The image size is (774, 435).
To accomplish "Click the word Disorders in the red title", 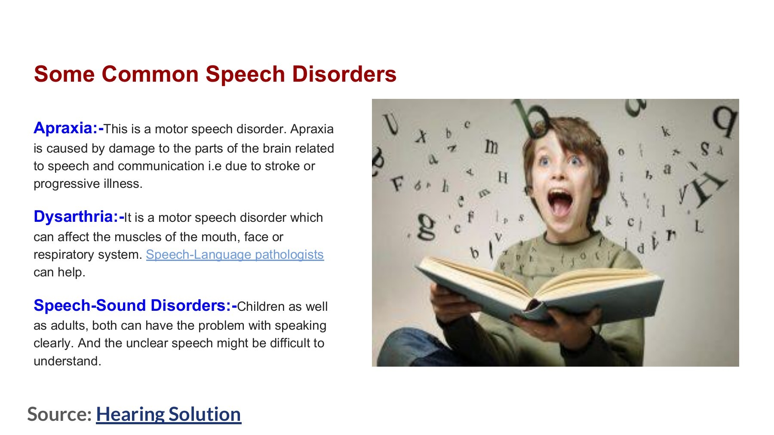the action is pos(344,74).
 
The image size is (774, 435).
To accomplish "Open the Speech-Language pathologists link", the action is pos(235,254).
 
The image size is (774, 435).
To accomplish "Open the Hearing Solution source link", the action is pos(169,414).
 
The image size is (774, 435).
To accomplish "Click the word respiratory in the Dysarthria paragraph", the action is pos(65,255).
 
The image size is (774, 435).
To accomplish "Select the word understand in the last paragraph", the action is pos(67,361).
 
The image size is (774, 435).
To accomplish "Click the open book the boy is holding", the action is pos(537,286).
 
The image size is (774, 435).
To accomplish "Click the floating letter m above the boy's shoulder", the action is pos(491,147).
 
